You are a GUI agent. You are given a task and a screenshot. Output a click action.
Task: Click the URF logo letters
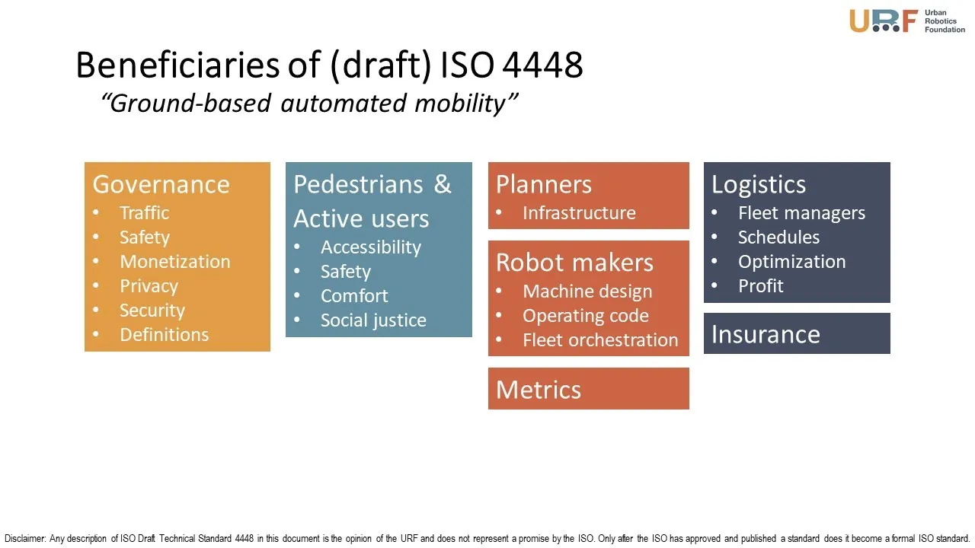point(884,21)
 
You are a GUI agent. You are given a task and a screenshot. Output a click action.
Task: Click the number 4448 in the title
point(542,65)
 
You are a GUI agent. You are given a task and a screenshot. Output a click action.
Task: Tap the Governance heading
point(161,184)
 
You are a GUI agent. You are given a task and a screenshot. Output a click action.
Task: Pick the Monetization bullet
point(175,261)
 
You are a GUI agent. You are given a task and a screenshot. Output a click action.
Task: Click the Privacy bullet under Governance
point(149,286)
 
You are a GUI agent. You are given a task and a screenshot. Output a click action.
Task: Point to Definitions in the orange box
point(164,334)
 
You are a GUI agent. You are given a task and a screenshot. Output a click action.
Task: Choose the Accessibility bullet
point(371,247)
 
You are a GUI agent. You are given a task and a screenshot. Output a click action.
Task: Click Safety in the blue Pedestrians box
point(346,272)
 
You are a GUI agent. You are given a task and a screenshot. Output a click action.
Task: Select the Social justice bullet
point(373,320)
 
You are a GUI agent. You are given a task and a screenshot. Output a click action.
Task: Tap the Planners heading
point(544,184)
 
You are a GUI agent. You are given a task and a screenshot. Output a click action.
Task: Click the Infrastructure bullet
point(579,212)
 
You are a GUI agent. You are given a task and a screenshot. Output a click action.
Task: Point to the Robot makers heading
point(574,263)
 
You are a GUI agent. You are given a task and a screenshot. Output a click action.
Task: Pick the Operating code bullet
point(586,316)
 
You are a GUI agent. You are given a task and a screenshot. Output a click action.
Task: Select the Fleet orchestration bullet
point(600,340)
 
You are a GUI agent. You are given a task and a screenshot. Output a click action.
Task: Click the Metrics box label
point(539,390)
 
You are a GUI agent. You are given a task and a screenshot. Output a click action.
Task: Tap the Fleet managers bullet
point(801,213)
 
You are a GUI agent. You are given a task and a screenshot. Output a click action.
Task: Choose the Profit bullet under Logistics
point(760,285)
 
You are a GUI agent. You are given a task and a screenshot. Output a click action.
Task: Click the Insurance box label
point(766,334)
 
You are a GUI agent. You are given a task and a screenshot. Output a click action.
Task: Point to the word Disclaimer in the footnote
point(25,538)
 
